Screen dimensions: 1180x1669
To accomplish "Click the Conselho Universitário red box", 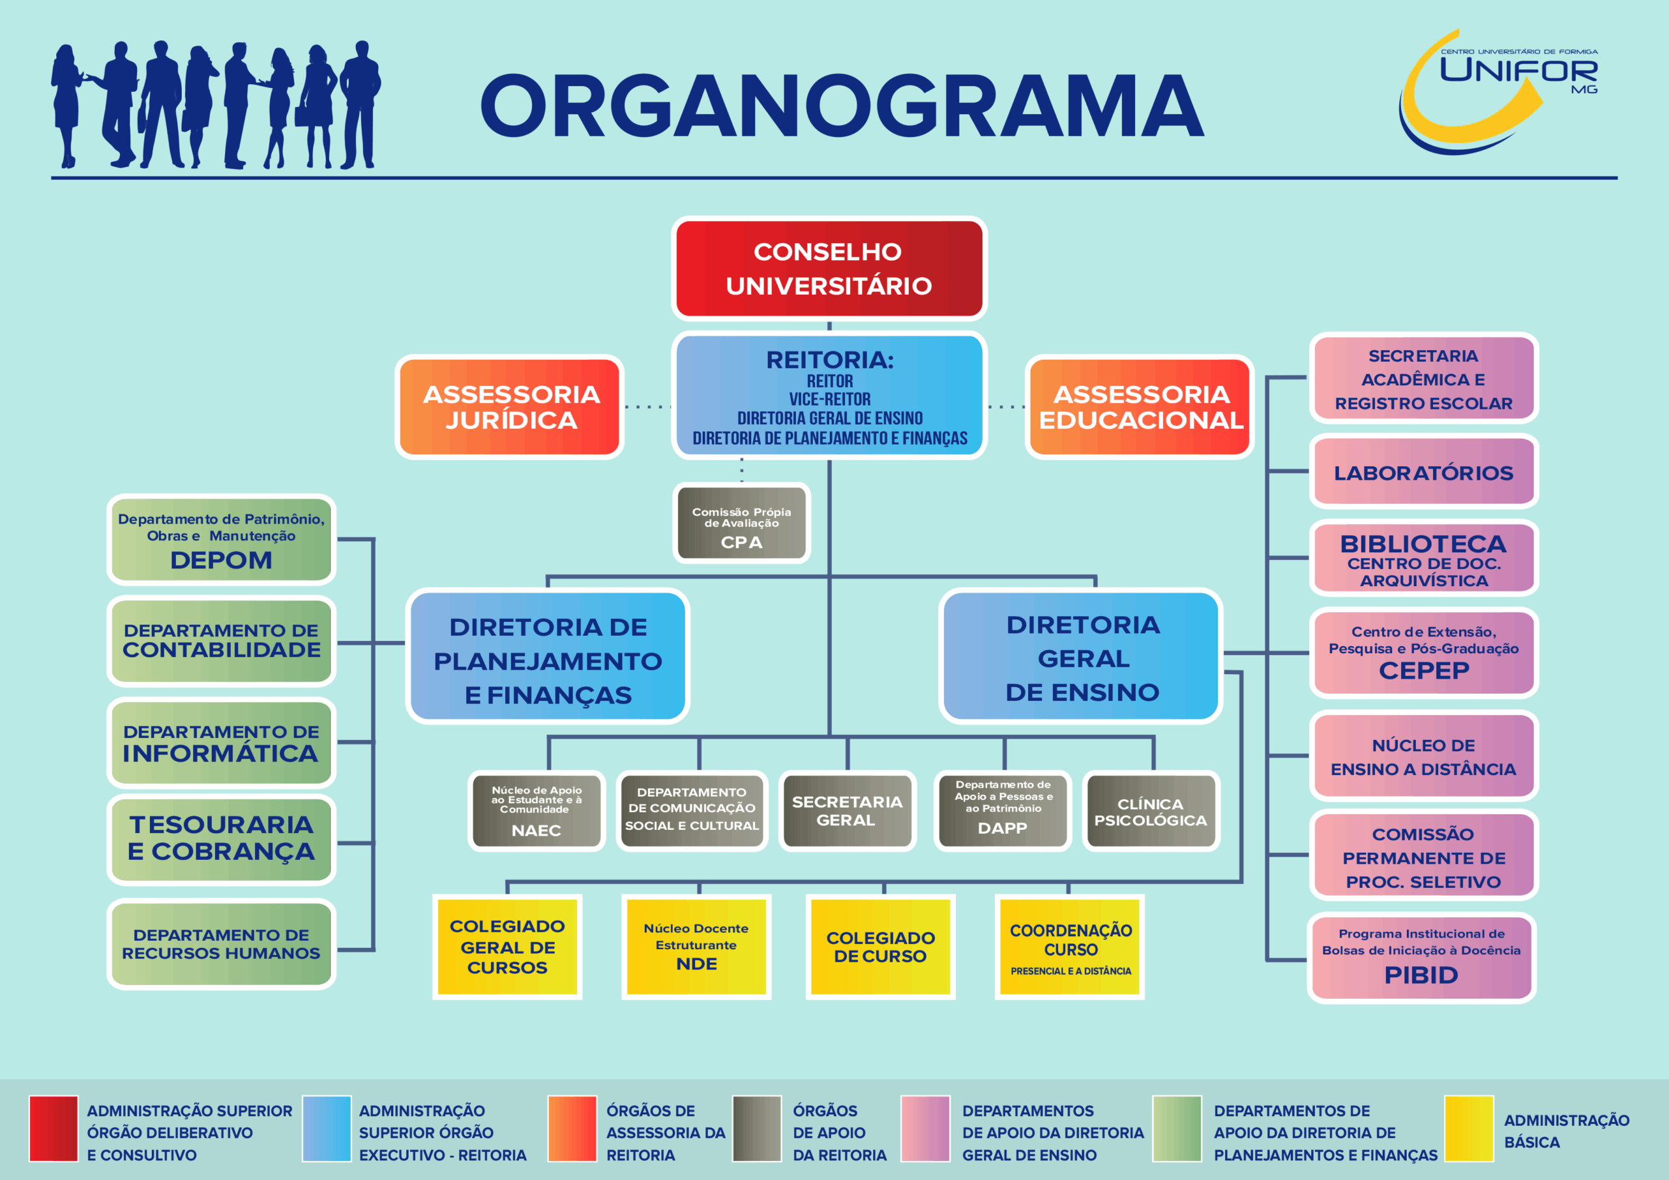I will (x=829, y=269).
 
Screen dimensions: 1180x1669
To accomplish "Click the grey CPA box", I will (x=741, y=524).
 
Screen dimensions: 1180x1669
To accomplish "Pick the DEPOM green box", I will (x=221, y=539).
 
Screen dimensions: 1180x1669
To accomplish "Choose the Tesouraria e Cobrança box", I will (x=221, y=839).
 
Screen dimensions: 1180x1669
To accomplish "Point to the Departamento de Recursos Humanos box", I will (x=221, y=944).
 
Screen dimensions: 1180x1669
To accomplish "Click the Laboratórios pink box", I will (x=1423, y=472).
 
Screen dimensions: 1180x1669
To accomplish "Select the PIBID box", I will (x=1421, y=958).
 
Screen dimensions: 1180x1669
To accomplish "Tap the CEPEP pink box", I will (x=1423, y=652).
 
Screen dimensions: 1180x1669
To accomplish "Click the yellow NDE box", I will (x=696, y=947).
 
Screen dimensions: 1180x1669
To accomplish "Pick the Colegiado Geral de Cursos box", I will (x=507, y=947).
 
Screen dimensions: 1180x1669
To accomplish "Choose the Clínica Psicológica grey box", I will (x=1151, y=812).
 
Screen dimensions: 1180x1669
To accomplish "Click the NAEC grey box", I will (x=537, y=812).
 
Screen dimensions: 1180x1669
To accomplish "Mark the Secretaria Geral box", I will (x=847, y=812).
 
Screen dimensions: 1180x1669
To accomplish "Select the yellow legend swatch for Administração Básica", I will (x=1469, y=1128).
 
